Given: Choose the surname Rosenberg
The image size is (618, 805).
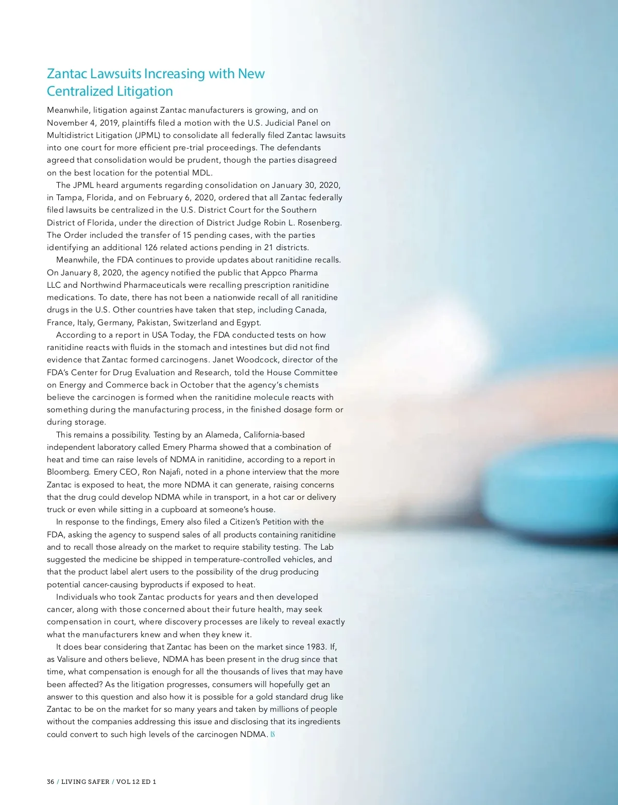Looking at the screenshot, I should click(x=319, y=222).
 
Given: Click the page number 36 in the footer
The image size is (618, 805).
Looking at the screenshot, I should click(x=50, y=781).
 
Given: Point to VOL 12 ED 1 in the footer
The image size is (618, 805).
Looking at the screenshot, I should click(x=136, y=781).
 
